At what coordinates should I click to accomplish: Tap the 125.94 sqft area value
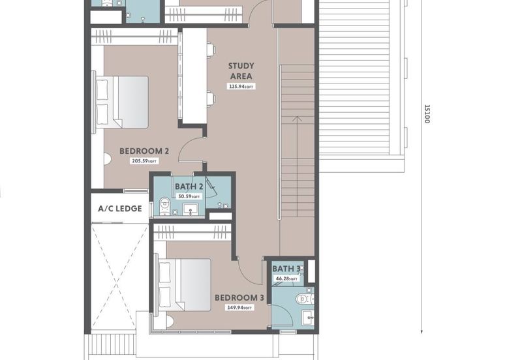click(241, 86)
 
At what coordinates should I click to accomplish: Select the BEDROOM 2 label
click(144, 151)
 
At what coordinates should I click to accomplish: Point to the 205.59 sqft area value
click(144, 161)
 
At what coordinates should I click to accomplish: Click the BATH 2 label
click(189, 187)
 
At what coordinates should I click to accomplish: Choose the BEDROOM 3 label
click(239, 297)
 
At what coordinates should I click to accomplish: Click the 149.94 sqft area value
click(239, 307)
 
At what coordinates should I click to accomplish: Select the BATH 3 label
click(286, 269)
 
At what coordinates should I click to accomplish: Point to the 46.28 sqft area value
click(286, 278)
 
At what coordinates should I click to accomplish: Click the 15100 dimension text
click(427, 116)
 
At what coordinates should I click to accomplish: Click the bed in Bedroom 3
click(183, 284)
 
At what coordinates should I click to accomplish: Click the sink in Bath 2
click(191, 209)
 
